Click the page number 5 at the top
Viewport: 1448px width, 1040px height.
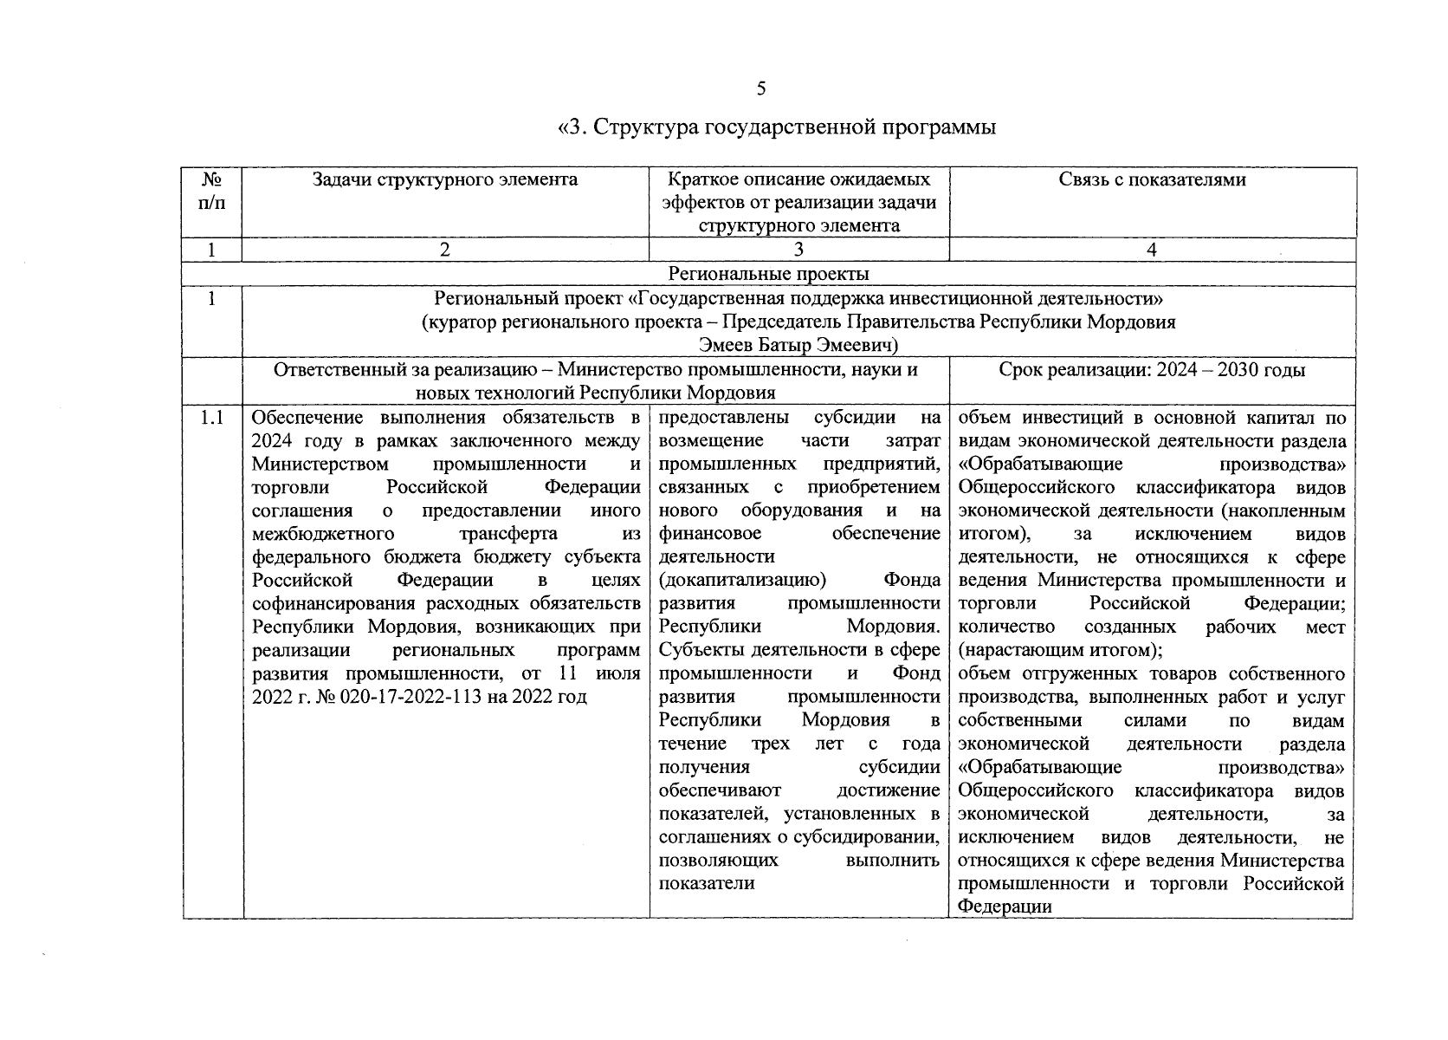click(761, 88)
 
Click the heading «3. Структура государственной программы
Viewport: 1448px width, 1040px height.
click(775, 128)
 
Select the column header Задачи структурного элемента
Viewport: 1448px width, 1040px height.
click(444, 180)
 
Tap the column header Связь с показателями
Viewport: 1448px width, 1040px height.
click(1152, 180)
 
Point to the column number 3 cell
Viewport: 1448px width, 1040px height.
click(798, 250)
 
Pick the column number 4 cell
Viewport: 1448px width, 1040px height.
click(1152, 250)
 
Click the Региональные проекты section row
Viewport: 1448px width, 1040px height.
click(768, 275)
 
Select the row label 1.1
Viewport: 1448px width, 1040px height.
click(211, 419)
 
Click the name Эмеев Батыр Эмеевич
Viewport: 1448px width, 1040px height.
click(798, 346)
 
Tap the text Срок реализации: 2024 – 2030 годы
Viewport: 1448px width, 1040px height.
click(1152, 370)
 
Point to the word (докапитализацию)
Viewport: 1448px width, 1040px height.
click(741, 580)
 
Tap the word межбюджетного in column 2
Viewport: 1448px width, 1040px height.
click(323, 533)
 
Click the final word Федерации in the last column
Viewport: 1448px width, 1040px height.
click(1005, 907)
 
